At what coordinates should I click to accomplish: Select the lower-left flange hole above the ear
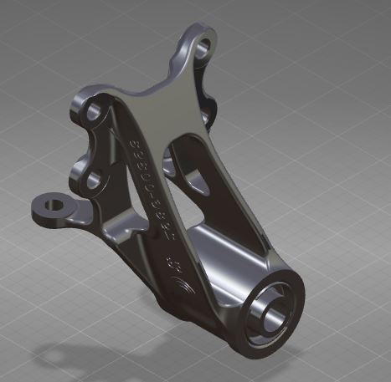tap(95, 176)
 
